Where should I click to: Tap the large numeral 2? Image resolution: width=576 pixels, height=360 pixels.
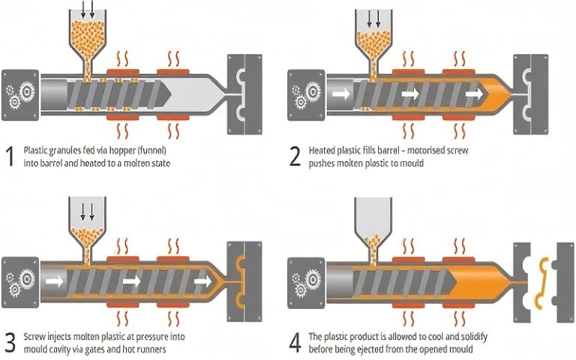[x=295, y=156]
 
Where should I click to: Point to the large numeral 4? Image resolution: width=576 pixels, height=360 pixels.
[x=295, y=342]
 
